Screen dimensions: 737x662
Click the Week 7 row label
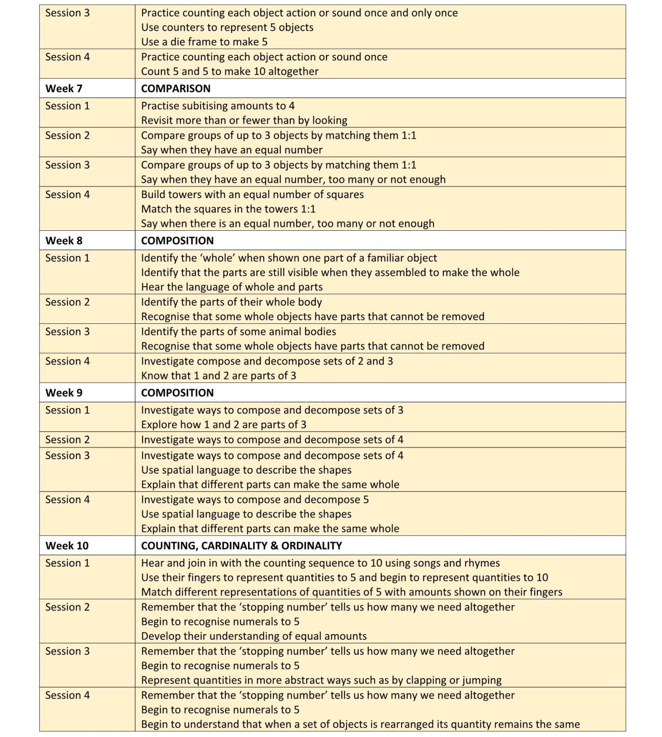pyautogui.click(x=64, y=88)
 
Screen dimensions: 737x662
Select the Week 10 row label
pyautogui.click(x=67, y=545)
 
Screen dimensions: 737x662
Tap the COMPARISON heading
pyautogui.click(x=176, y=88)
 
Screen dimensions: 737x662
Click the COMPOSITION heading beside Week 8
pyautogui.click(x=177, y=240)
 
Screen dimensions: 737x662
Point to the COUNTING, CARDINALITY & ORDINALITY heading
pyautogui.click(x=241, y=545)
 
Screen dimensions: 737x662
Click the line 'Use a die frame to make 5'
pyautogui.click(x=204, y=42)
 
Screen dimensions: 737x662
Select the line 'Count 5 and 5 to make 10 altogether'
pyautogui.click(x=230, y=71)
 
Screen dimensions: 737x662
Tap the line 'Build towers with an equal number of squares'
pyautogui.click(x=252, y=194)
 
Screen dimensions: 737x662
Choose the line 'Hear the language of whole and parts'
pyautogui.click(x=231, y=287)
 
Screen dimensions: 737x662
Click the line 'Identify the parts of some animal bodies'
pyautogui.click(x=238, y=332)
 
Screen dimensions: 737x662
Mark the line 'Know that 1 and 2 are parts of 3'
pyautogui.click(x=219, y=376)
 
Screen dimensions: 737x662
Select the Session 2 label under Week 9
pyautogui.click(x=67, y=439)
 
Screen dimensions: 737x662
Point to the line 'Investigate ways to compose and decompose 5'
pyautogui.click(x=254, y=500)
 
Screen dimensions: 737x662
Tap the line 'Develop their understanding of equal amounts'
pyautogui.click(x=254, y=636)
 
